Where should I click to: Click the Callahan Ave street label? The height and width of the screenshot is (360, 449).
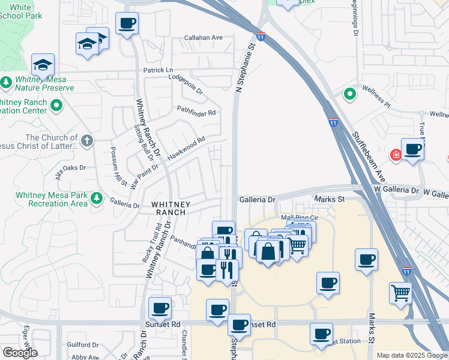[203, 38]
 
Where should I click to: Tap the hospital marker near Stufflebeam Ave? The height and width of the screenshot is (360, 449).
[396, 155]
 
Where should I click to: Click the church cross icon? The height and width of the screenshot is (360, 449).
[87, 141]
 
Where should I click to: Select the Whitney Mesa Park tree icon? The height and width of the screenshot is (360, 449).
[96, 198]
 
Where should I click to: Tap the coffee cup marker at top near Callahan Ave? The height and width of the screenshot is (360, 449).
[127, 23]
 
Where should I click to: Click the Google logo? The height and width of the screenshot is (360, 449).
[20, 353]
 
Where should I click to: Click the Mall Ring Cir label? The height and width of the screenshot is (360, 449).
[298, 218]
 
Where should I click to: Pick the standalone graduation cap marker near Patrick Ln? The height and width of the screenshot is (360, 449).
[43, 64]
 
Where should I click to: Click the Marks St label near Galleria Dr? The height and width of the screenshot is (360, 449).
[330, 199]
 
